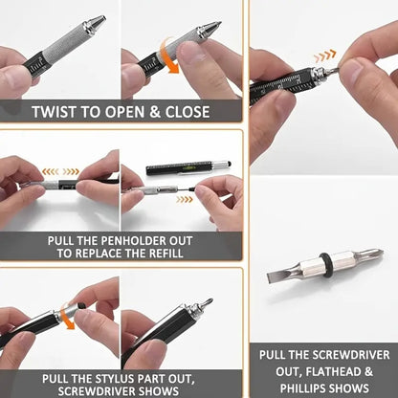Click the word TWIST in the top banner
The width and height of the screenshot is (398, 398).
click(56, 111)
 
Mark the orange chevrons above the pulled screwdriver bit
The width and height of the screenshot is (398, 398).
click(324, 55)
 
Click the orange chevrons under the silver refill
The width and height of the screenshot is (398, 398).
click(184, 199)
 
